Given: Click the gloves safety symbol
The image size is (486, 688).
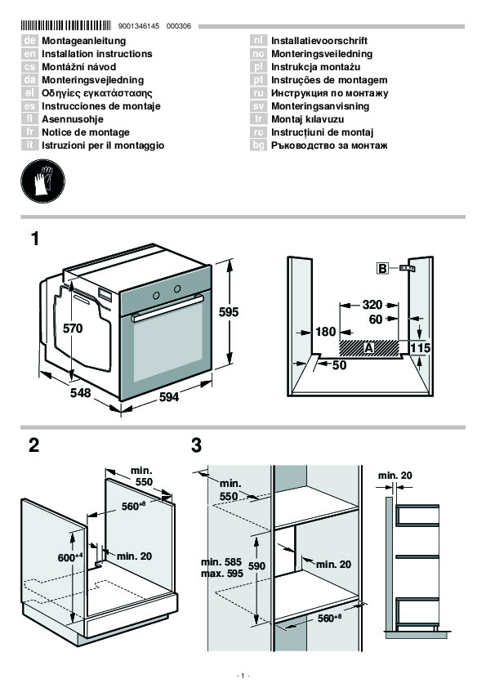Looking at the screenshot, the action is [x=42, y=181].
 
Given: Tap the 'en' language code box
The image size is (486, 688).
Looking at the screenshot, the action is [x=29, y=54].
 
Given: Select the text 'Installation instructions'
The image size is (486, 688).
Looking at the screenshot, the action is [x=97, y=54].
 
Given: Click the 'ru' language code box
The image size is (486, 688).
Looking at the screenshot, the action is [x=258, y=93].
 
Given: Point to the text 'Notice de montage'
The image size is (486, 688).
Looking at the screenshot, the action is [x=86, y=132].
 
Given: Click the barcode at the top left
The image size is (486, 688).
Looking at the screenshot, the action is [x=66, y=25].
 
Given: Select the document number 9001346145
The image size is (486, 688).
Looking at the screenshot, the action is [x=139, y=26].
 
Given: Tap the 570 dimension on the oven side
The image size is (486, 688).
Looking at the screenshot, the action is [x=73, y=328].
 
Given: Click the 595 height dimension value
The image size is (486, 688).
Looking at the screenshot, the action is [x=229, y=312].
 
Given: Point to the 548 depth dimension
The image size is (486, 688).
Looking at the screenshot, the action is [x=81, y=392].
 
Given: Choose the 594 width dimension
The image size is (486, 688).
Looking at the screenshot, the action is [x=169, y=397].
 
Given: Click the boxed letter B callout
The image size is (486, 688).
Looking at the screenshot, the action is [x=382, y=268].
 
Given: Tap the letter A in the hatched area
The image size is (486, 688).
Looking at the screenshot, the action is [x=368, y=348].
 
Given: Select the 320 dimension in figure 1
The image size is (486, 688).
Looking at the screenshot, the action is [x=372, y=305].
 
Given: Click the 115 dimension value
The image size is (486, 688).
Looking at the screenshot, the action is [x=420, y=348].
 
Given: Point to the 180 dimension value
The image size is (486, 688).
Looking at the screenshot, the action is [x=325, y=331].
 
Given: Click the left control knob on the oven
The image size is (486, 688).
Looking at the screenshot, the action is [x=156, y=295].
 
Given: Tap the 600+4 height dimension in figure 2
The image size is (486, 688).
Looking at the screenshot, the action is [x=70, y=557].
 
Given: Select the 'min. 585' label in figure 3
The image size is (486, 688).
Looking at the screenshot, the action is [x=221, y=562].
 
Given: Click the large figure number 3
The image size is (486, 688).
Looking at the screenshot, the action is [x=197, y=445].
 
